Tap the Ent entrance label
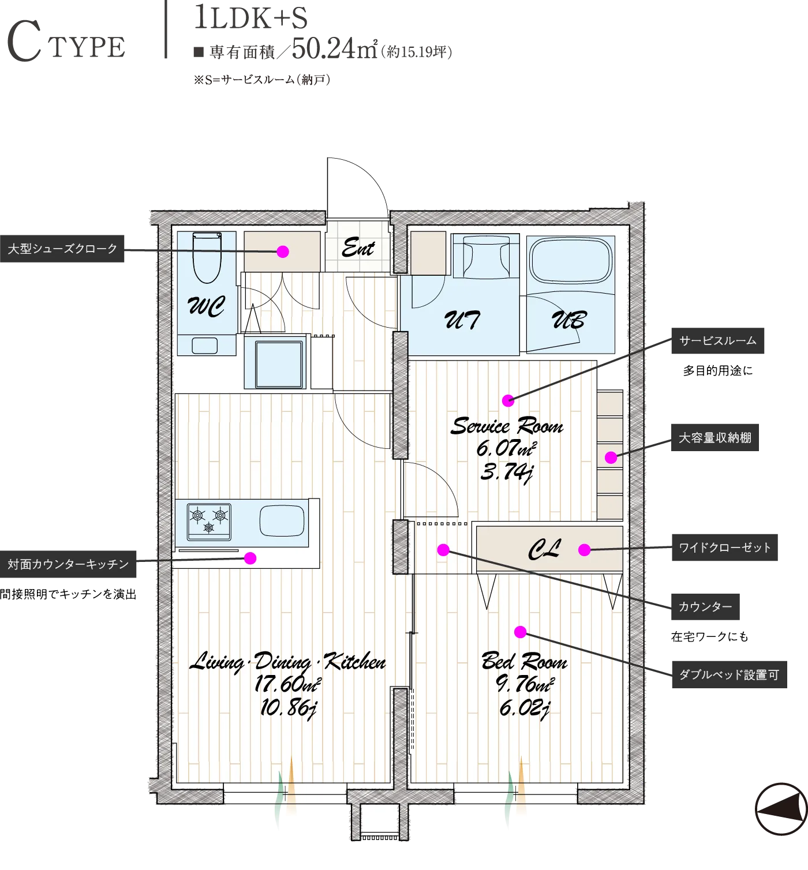point(358,248)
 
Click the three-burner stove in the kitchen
point(209,522)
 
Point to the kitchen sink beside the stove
point(282,521)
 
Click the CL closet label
point(544,549)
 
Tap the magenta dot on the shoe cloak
point(283,252)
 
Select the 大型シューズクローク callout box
point(62,249)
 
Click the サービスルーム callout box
point(718,340)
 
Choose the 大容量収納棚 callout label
point(715,438)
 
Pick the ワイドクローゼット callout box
point(725,547)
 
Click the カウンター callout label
point(705,607)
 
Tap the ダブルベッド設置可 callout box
point(730,674)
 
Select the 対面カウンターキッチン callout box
point(68,564)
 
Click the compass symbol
point(781,809)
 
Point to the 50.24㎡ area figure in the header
point(335,48)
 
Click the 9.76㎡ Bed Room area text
point(525,684)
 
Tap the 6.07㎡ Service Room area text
point(507,448)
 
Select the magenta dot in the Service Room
point(508,400)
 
